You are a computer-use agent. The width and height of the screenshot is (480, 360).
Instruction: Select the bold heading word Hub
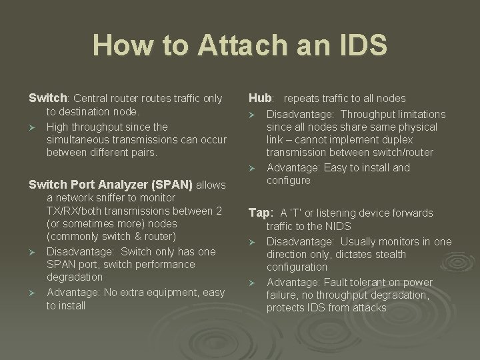pyautogui.click(x=261, y=98)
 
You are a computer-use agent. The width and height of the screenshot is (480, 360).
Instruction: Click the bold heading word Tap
pyautogui.click(x=260, y=213)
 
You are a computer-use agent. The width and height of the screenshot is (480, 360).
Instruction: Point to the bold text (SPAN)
pyautogui.click(x=172, y=184)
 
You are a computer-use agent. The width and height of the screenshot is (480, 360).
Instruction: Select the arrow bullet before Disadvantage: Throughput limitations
pyautogui.click(x=253, y=115)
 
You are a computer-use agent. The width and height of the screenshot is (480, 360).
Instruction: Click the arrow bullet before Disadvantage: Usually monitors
pyautogui.click(x=253, y=242)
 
